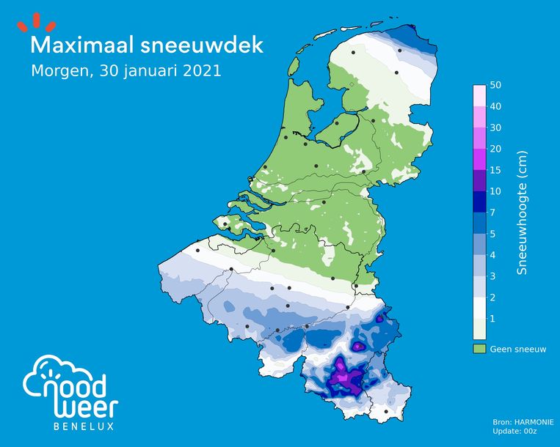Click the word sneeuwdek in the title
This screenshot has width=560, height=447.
tap(206, 45)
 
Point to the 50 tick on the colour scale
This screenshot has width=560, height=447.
tap(495, 86)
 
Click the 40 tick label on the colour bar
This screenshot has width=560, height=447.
tap(495, 107)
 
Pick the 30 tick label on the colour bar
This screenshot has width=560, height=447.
tap(495, 128)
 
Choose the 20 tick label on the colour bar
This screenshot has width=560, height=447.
tap(495, 149)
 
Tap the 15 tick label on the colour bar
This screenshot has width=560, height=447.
tap(495, 171)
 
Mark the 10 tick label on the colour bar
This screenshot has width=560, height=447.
tap(495, 192)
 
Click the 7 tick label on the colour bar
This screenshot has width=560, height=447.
tap(492, 213)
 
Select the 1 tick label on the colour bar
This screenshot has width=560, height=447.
tap(492, 319)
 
